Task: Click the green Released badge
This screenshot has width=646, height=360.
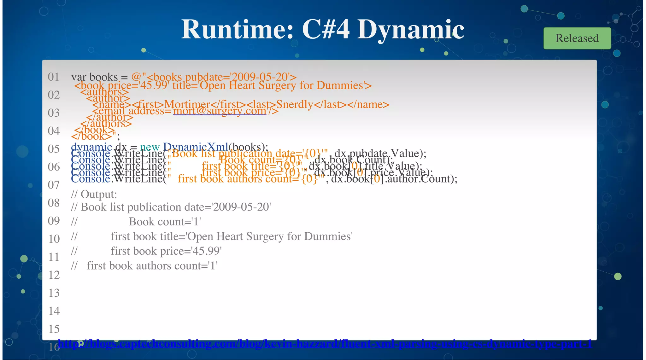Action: pyautogui.click(x=577, y=38)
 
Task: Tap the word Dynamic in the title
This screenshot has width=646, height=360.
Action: pyautogui.click(x=410, y=29)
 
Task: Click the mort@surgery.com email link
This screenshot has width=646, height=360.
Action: pyautogui.click(x=220, y=111)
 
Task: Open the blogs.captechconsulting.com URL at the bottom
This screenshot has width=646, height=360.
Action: pyautogui.click(x=325, y=344)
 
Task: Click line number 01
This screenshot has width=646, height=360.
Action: pyautogui.click(x=54, y=77)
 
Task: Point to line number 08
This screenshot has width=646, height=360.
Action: pyautogui.click(x=54, y=203)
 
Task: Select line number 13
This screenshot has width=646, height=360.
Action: pyautogui.click(x=54, y=293)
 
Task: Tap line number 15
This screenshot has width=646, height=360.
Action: pyautogui.click(x=54, y=329)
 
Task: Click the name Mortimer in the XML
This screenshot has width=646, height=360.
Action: pyautogui.click(x=187, y=104)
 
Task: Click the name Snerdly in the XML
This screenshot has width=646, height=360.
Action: pyautogui.click(x=295, y=104)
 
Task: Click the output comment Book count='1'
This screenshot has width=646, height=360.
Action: pyautogui.click(x=165, y=222)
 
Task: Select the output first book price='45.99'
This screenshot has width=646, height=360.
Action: pyautogui.click(x=166, y=251)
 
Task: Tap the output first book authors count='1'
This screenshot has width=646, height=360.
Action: pyautogui.click(x=152, y=266)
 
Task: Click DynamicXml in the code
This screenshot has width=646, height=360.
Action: pyautogui.click(x=196, y=147)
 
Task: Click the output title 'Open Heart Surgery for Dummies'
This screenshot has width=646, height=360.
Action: pyautogui.click(x=270, y=236)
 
